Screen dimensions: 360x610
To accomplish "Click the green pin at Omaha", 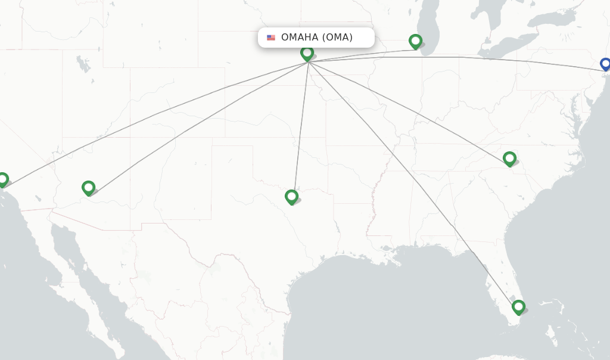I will (x=307, y=53).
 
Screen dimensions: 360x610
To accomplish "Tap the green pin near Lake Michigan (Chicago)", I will (x=415, y=41).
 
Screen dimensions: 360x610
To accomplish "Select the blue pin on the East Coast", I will (x=605, y=64).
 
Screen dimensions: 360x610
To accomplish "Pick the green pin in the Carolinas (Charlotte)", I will (x=509, y=158).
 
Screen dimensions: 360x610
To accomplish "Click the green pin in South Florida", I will (x=518, y=307).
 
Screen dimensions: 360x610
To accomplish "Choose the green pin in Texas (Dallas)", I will (x=291, y=196).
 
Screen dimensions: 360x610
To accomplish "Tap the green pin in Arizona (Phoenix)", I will (x=88, y=188).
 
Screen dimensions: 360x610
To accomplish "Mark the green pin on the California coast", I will (x=3, y=179).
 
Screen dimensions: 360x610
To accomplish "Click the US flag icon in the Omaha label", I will (x=271, y=38).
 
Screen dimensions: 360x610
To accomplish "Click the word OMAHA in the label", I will (x=300, y=38).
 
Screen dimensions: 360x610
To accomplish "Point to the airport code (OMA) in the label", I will (x=337, y=38).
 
